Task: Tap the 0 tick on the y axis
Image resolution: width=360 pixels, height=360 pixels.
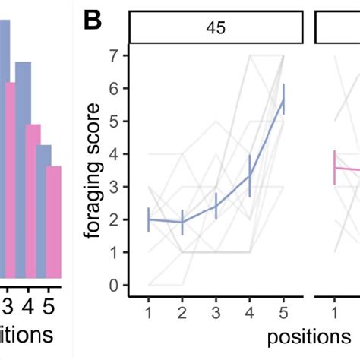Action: click(x=114, y=286)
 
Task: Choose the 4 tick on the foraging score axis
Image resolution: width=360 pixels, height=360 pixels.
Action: click(x=114, y=155)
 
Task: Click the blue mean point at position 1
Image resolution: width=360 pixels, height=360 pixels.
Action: click(x=149, y=219)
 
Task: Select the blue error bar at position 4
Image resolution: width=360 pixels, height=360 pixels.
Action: click(x=250, y=175)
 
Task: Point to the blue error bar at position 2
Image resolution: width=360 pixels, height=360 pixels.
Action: click(x=182, y=222)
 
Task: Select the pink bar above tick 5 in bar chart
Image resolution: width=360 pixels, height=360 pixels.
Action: click(x=52, y=220)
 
